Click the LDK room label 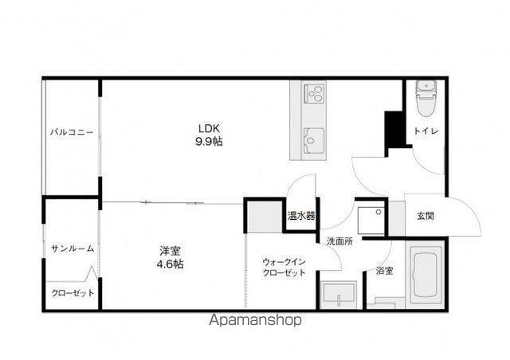209,128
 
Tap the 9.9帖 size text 209,142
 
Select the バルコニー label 72,132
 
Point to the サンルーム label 73,248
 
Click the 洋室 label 170,251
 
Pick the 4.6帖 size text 170,264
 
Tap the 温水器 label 301,216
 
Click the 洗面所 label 339,241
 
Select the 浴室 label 384,271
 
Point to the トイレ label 426,131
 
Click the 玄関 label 426,216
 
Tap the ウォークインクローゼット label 284,267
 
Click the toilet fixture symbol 426,98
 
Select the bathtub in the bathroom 425,274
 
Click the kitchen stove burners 314,93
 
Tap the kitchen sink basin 314,140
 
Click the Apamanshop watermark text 255,320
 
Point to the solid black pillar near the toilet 394,130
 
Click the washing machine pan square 371,220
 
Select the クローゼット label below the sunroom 73,293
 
